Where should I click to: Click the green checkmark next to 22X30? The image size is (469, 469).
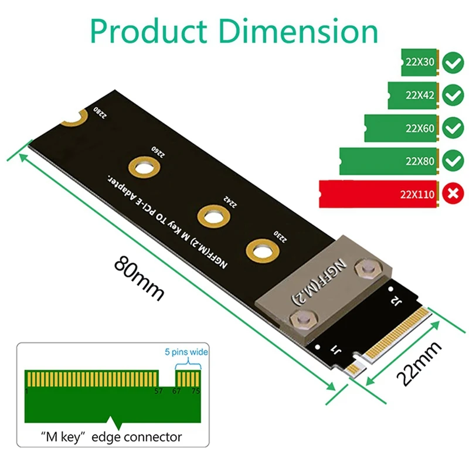click(x=452, y=63)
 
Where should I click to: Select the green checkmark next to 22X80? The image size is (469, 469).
click(x=452, y=160)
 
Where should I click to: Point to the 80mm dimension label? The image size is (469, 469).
click(x=138, y=276)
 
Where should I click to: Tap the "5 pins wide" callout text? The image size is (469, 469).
click(x=185, y=352)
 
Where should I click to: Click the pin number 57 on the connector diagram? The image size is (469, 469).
click(x=158, y=391)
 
